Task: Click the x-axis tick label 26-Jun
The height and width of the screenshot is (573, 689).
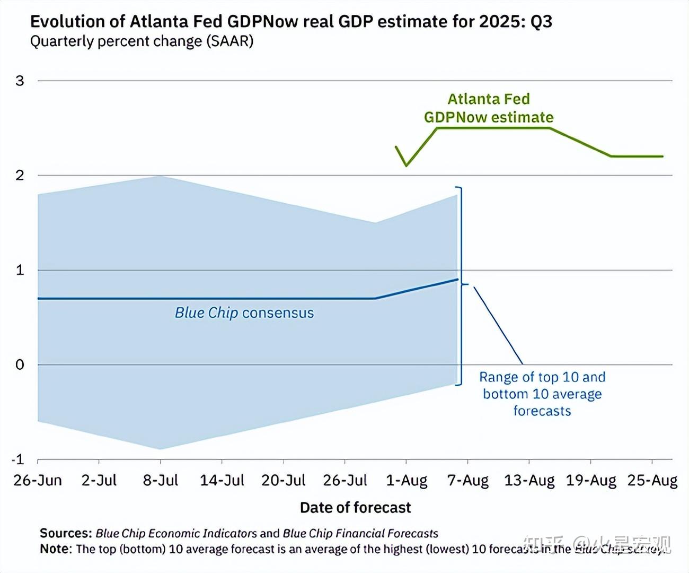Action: tap(37, 480)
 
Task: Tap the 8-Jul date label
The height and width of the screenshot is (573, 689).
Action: tap(161, 480)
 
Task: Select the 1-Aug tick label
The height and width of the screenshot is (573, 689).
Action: tap(407, 480)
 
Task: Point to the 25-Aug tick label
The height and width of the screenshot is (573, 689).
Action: tap(652, 480)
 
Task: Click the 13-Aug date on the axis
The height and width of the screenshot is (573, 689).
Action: tap(529, 480)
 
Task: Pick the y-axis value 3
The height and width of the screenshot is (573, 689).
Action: tap(20, 81)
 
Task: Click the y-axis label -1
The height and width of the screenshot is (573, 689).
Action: tap(19, 459)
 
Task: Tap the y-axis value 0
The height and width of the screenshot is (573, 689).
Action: tap(20, 365)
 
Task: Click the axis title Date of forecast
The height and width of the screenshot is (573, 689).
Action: tap(355, 508)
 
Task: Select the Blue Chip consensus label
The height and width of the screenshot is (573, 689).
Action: tap(244, 313)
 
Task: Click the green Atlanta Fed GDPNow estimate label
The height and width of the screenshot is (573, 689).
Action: tap(489, 108)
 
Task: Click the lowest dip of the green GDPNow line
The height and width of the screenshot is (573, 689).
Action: tap(407, 166)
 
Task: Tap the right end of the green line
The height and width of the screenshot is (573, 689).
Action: tap(662, 156)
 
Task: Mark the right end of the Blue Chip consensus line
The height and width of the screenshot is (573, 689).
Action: tap(457, 279)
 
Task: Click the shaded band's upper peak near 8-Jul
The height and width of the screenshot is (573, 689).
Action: tap(161, 176)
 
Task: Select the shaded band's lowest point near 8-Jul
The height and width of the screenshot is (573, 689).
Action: tap(161, 449)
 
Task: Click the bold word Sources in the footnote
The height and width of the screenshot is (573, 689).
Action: tap(66, 533)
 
